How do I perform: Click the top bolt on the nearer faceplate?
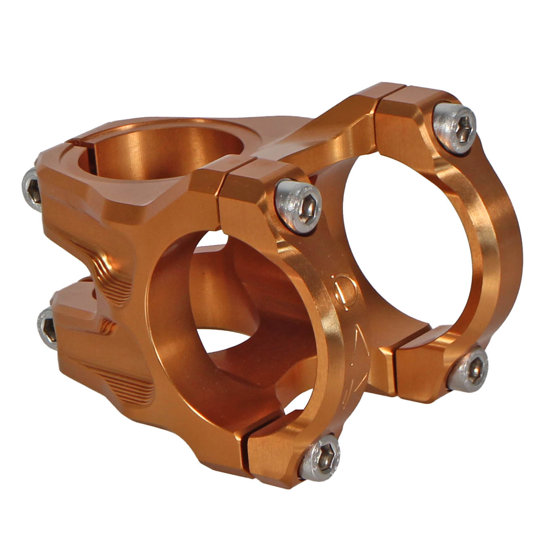click(x=298, y=207)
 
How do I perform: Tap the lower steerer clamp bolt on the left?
click(x=48, y=327)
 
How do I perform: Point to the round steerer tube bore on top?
click(x=162, y=154)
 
